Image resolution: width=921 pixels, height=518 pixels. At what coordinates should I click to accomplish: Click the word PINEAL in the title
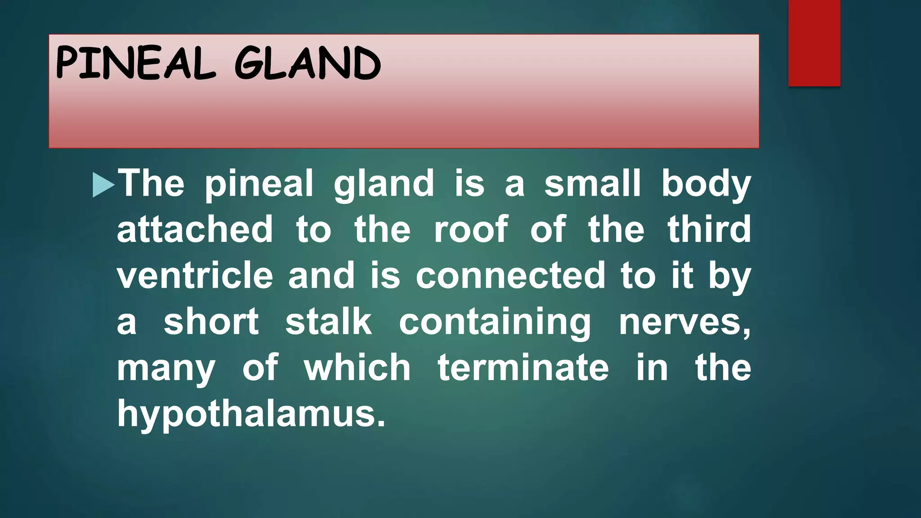pos(135,64)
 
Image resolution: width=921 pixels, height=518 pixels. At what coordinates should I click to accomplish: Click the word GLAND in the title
pos(308,64)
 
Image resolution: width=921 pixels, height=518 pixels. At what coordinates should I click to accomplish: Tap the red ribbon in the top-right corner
pos(814,43)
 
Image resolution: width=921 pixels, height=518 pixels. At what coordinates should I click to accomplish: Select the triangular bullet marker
pos(103,185)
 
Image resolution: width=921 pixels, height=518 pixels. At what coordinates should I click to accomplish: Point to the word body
pos(706,184)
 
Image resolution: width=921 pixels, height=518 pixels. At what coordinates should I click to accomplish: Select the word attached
pos(195,229)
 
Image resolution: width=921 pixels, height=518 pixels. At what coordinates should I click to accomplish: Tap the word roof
pos(471,229)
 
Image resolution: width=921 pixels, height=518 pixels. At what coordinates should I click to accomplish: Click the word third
pos(709,229)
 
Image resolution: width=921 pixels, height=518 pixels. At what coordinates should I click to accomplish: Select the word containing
pos(495,323)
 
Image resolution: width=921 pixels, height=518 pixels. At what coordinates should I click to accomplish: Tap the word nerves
pos(684,323)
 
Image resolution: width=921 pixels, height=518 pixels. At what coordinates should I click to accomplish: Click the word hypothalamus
pos(250,414)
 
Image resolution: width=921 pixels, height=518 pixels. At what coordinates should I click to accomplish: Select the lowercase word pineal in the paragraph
pos(259,184)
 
